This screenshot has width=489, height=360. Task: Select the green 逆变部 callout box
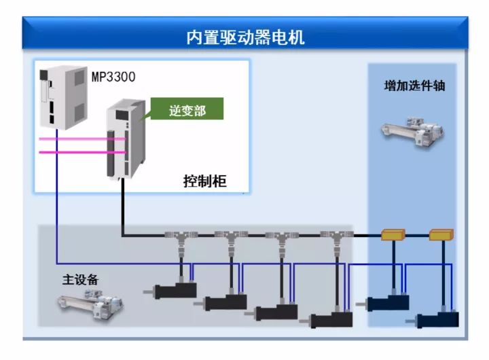[x=186, y=111]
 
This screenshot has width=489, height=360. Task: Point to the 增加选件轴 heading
[x=414, y=86]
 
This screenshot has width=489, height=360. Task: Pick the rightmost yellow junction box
[x=441, y=236]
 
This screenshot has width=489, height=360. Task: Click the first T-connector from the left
[x=181, y=237]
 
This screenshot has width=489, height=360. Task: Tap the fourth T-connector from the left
[x=335, y=237]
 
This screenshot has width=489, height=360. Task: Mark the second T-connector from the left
[x=231, y=237]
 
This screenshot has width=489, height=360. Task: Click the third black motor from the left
[x=275, y=312]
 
